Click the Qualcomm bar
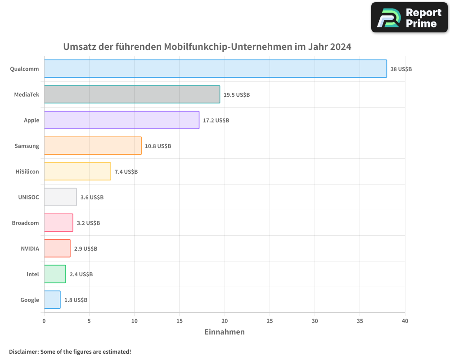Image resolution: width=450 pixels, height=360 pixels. click(x=215, y=69)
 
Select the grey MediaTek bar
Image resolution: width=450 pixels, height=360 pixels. click(x=132, y=94)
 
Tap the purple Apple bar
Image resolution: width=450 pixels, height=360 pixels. click(x=121, y=120)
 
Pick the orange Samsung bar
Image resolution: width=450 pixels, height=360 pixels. click(x=93, y=146)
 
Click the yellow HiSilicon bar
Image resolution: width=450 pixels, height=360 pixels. click(x=77, y=171)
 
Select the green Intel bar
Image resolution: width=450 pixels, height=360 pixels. click(x=55, y=274)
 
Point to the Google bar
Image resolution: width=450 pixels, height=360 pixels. click(x=52, y=300)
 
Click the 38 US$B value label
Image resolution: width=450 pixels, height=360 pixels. click(x=401, y=69)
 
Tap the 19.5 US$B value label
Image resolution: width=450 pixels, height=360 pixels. click(x=237, y=95)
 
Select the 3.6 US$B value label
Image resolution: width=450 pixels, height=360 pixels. click(x=92, y=198)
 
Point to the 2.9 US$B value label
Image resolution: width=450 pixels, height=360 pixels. click(x=85, y=249)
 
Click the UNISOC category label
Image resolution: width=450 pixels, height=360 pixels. click(x=28, y=197)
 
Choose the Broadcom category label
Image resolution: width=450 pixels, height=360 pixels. click(x=25, y=223)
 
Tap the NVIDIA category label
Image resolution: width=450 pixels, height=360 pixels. click(x=30, y=248)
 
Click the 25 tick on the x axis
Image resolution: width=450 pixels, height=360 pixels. click(x=270, y=321)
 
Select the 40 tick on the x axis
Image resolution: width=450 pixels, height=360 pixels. click(x=405, y=321)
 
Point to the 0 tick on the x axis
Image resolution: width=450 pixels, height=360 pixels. click(x=44, y=321)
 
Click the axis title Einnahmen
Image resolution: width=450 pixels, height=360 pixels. click(x=225, y=332)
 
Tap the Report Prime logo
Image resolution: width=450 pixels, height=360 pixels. click(x=409, y=18)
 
